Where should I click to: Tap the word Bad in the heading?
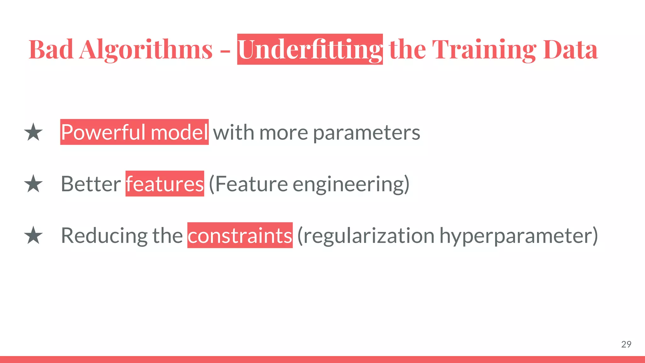(51, 50)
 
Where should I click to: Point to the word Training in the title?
(484, 50)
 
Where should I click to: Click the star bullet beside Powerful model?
(33, 132)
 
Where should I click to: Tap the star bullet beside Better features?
(33, 184)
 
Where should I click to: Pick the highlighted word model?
(179, 132)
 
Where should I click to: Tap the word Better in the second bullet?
(91, 184)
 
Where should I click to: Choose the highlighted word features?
(165, 184)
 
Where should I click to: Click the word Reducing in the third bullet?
(104, 236)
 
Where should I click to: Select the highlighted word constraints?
(240, 236)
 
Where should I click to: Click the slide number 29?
(626, 344)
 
